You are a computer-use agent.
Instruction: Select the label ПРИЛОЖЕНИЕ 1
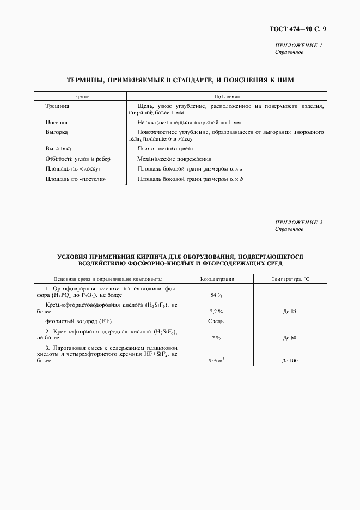[299, 46]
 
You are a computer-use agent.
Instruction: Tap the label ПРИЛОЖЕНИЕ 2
[299, 222]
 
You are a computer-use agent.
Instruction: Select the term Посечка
[57, 123]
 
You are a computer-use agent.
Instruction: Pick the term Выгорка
[57, 132]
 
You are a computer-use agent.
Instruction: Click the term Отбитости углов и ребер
[78, 159]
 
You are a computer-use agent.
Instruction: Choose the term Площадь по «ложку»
[72, 169]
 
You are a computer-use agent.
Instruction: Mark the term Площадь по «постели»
[75, 179]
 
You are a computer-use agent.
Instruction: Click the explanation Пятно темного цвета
[165, 148]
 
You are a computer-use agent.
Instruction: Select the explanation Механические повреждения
[174, 159]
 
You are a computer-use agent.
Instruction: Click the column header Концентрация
[217, 278]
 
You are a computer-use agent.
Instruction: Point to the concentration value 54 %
[216, 295]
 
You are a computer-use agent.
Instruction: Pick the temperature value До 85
[289, 311]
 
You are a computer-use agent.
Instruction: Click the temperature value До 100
[289, 361]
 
